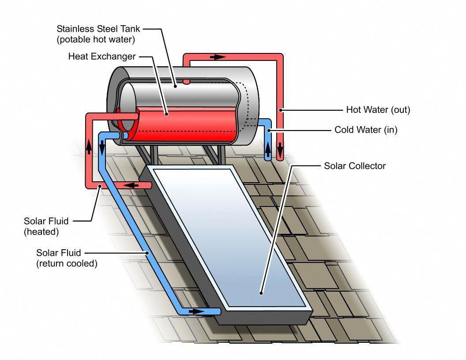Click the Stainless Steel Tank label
(x=98, y=29)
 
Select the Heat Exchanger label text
(x=101, y=57)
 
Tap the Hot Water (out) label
(x=378, y=110)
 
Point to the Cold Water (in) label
(x=366, y=130)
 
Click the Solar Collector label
(x=355, y=166)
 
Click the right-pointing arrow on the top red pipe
(x=218, y=57)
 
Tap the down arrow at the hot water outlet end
(x=280, y=151)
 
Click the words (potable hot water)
(x=96, y=39)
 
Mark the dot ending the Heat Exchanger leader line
(x=167, y=114)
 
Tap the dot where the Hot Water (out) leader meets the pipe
(x=280, y=110)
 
